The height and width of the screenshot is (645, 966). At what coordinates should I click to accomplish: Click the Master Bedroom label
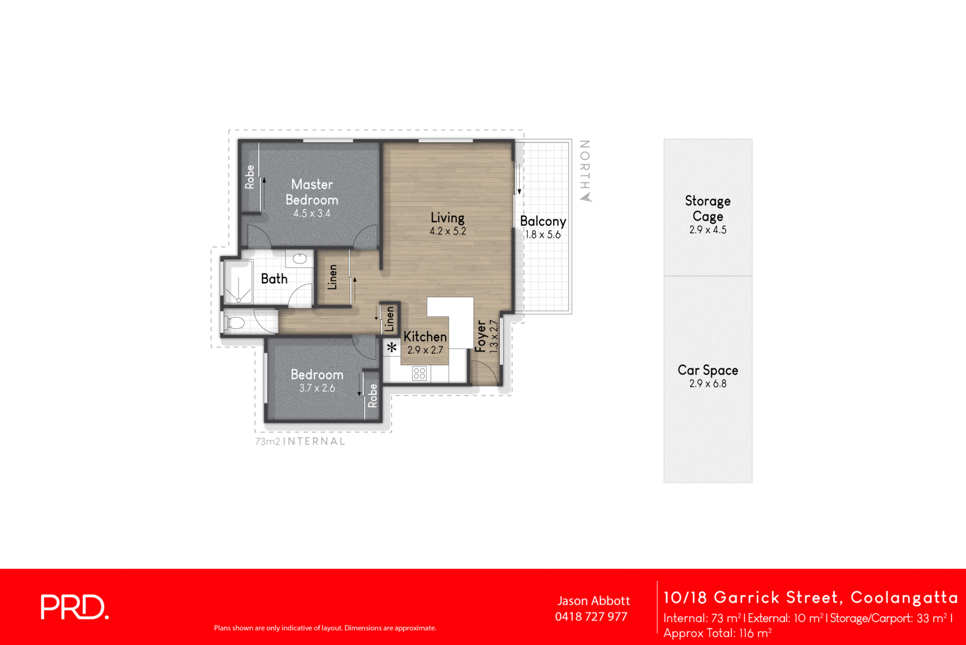pyautogui.click(x=312, y=192)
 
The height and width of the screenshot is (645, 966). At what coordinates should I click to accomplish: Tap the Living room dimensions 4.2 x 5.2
pyautogui.click(x=447, y=231)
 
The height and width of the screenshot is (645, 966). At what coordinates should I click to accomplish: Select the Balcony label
pyautogui.click(x=543, y=221)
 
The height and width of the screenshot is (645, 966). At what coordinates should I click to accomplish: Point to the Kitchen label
pyautogui.click(x=425, y=336)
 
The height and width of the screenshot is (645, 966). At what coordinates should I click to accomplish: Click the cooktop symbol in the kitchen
pyautogui.click(x=420, y=374)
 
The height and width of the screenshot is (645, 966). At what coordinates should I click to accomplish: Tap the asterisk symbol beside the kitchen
pyautogui.click(x=392, y=347)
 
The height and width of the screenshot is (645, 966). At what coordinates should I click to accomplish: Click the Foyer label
pyautogui.click(x=481, y=336)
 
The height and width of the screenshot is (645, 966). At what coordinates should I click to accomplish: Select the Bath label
pyautogui.click(x=274, y=278)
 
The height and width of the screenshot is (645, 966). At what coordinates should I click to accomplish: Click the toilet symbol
pyautogui.click(x=234, y=322)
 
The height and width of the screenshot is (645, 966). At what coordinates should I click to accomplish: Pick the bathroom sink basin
pyautogui.click(x=300, y=259)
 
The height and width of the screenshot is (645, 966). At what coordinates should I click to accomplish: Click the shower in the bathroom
pyautogui.click(x=238, y=282)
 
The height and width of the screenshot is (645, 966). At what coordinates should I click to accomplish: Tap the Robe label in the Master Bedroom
pyautogui.click(x=250, y=177)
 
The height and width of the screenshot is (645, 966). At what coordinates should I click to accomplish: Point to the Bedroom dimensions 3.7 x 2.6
pyautogui.click(x=317, y=388)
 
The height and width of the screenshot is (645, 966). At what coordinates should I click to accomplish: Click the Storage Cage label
pyautogui.click(x=708, y=208)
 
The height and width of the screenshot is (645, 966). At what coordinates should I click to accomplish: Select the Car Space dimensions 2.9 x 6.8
pyautogui.click(x=708, y=383)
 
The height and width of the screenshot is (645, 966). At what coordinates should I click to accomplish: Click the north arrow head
pyautogui.click(x=586, y=197)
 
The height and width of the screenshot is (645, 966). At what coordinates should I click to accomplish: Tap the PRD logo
pyautogui.click(x=74, y=607)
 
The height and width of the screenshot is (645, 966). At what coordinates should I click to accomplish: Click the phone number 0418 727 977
pyautogui.click(x=591, y=617)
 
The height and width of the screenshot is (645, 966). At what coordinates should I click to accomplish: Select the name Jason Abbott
pyautogui.click(x=593, y=601)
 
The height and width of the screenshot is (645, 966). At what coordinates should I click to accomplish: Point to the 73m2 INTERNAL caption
pyautogui.click(x=300, y=441)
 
